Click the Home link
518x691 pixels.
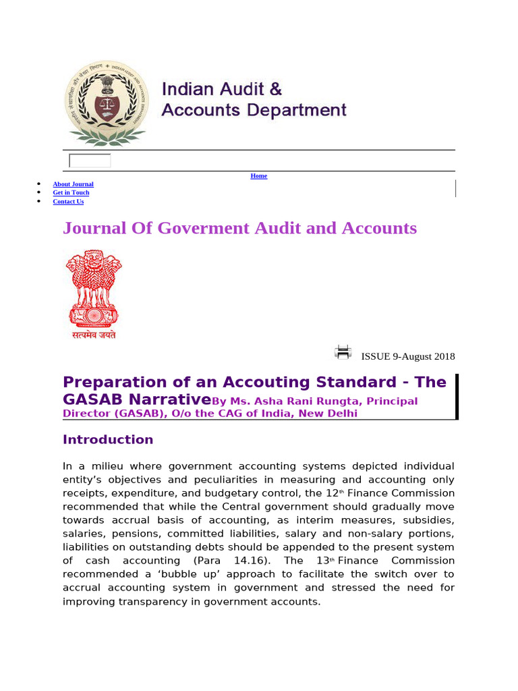coord(259,176)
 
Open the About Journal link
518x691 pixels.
coord(73,184)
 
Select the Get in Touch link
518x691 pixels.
coord(71,193)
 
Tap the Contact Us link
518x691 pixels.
coord(68,202)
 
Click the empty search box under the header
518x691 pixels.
coord(90,161)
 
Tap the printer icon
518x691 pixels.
coord(343,352)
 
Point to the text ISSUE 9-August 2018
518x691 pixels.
coord(408,356)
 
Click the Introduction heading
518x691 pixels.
coord(108,440)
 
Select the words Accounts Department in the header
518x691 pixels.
coord(254,111)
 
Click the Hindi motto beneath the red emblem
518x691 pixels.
coord(94,335)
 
